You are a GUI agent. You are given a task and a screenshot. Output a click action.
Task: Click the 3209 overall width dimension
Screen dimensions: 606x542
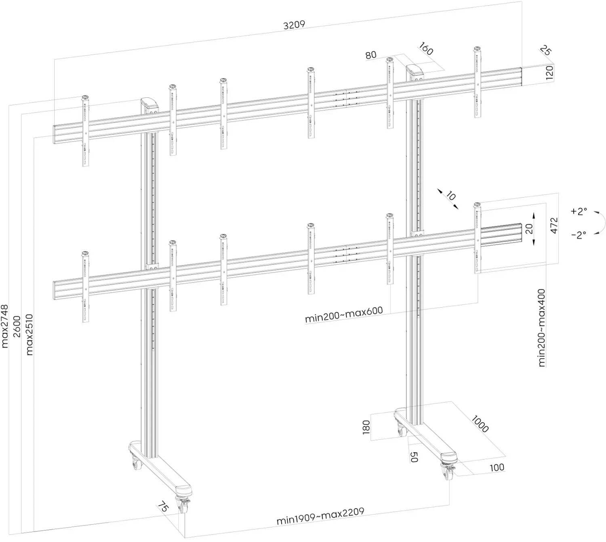point(294,25)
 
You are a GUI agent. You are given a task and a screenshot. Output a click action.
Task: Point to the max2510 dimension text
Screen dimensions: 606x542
point(29,334)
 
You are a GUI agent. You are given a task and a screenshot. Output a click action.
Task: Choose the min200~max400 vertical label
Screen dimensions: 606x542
point(542,327)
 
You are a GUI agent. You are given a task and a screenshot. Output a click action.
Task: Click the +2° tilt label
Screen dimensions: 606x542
point(579,211)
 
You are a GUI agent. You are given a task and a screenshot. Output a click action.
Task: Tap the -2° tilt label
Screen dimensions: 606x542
point(579,235)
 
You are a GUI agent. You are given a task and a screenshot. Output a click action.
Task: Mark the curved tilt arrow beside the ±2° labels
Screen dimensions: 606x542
point(600,224)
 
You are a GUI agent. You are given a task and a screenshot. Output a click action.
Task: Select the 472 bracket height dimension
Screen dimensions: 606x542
point(553,225)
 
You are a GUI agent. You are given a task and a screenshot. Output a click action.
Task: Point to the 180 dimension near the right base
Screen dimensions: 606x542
point(366,428)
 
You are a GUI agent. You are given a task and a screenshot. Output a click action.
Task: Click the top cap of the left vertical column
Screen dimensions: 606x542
point(149,102)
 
